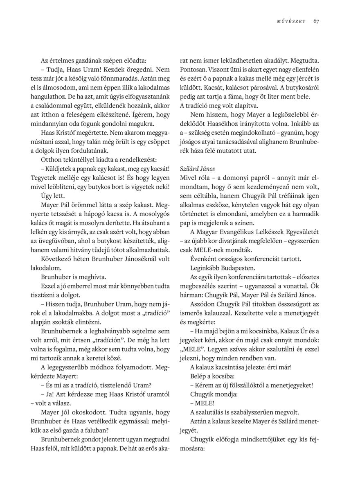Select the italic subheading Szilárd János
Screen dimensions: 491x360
(x=198, y=169)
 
